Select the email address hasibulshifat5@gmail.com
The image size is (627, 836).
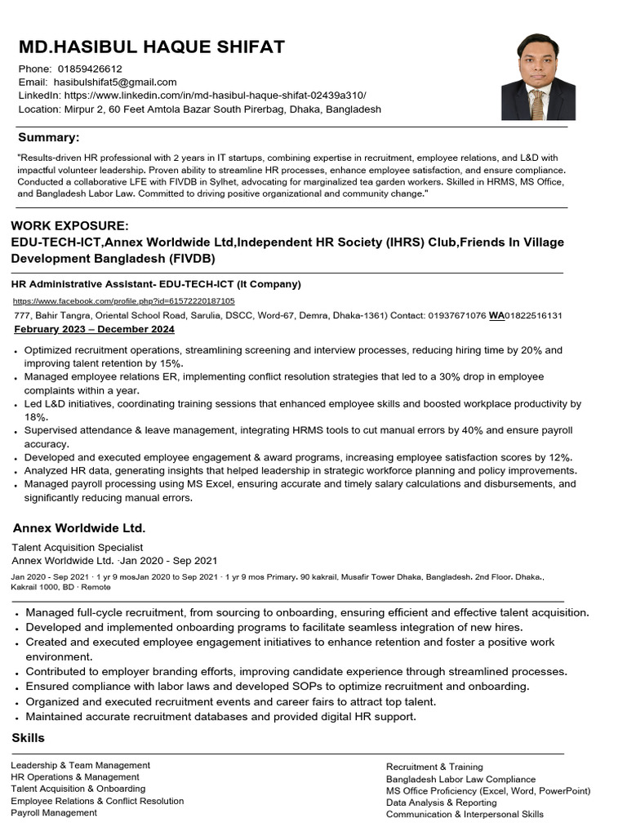tap(115, 82)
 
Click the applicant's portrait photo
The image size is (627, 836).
tap(538, 77)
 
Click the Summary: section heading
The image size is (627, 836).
tap(49, 137)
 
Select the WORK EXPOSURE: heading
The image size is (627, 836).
tap(69, 225)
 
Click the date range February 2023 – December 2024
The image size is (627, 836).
tap(95, 329)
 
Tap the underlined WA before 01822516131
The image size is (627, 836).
tap(496, 315)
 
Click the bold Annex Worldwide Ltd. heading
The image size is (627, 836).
tap(79, 528)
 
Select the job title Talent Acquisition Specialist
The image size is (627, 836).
tap(78, 547)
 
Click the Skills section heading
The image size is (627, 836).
tap(29, 737)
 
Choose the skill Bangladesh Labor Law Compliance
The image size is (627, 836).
tap(460, 780)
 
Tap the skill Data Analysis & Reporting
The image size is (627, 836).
tap(441, 803)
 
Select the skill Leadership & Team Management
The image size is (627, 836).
tap(81, 765)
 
